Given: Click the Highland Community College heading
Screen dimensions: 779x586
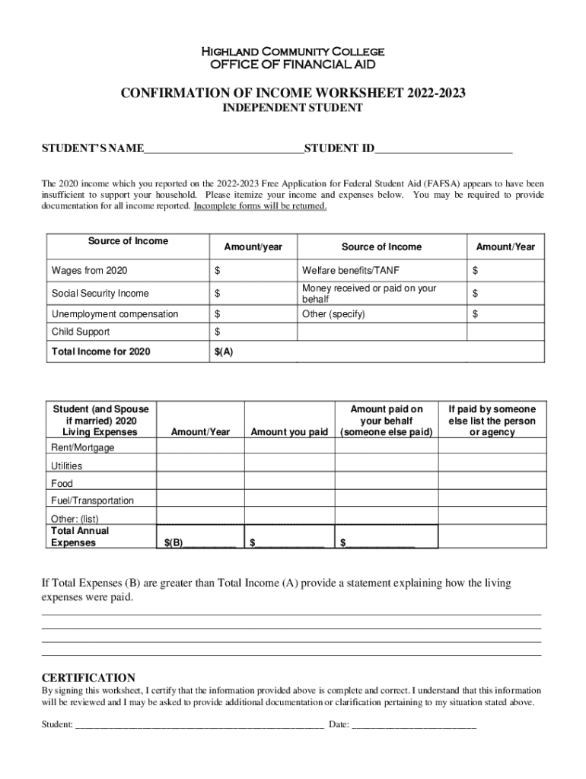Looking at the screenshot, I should tap(292, 52).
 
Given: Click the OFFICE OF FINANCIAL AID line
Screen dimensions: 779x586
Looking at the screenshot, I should tap(292, 65).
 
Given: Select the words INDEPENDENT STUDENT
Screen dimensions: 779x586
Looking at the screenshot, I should tap(292, 108).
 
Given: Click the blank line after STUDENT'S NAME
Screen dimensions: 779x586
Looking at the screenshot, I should tap(224, 148).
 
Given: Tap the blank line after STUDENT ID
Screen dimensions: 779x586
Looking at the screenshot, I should tap(443, 148).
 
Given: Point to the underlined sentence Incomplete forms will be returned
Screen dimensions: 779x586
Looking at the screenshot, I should tap(260, 206).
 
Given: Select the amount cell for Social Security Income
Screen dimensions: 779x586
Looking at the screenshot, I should tap(252, 294).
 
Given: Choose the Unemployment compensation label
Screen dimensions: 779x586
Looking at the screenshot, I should tap(115, 314).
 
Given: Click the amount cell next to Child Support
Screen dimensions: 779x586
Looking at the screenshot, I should tap(252, 332).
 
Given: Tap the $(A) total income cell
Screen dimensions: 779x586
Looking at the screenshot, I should tap(252, 351).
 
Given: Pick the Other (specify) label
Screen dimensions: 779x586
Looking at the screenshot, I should tap(333, 314).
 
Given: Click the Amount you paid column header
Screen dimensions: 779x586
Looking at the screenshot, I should tap(289, 432).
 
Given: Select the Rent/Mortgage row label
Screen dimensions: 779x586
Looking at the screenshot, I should tap(83, 448).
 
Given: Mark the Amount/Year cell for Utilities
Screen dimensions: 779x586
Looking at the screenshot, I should tap(200, 466).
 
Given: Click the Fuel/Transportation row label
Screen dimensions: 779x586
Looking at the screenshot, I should tap(92, 501).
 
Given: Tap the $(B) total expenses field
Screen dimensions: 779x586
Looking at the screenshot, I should tap(200, 543).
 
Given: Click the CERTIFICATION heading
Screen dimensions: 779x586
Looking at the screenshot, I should tap(88, 678).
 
